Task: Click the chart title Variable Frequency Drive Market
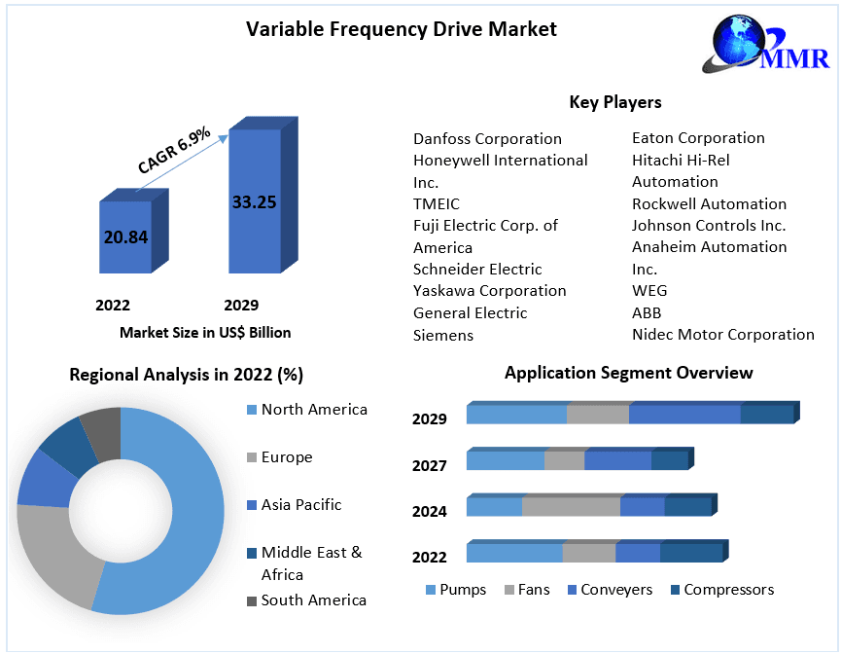(401, 29)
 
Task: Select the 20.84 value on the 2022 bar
(125, 236)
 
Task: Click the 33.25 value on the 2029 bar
(254, 202)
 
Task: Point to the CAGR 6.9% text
(174, 150)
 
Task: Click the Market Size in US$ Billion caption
(205, 333)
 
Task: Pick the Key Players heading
(614, 102)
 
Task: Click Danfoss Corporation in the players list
(487, 139)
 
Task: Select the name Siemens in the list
(443, 336)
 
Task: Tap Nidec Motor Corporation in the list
(723, 335)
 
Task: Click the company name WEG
(649, 291)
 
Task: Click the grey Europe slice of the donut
(53, 555)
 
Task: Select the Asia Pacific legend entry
(300, 505)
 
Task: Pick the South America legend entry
(312, 600)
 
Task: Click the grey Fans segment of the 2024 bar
(571, 507)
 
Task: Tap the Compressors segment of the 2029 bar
(767, 414)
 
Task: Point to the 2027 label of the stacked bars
(429, 465)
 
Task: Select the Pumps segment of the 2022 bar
(513, 553)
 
